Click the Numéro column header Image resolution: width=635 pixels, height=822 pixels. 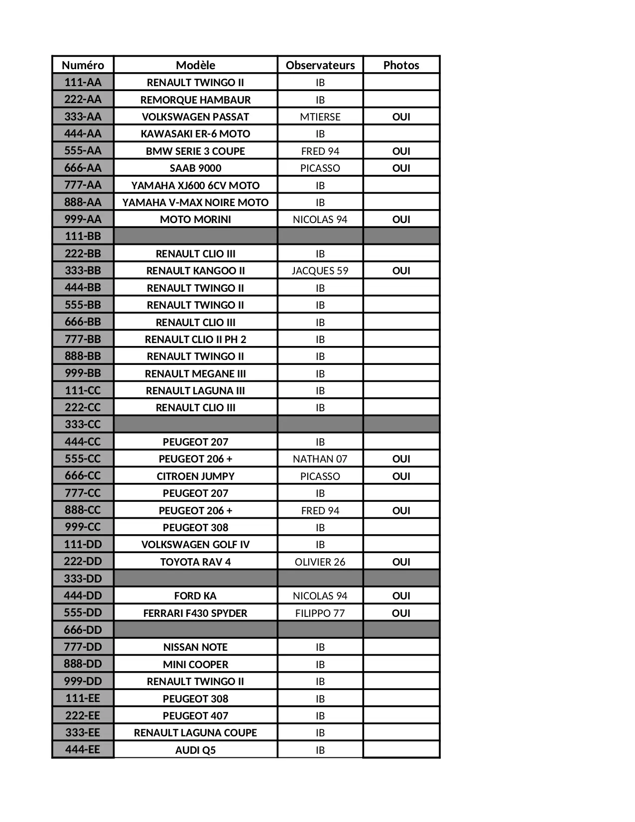pos(83,65)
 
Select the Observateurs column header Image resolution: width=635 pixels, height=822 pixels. pos(320,65)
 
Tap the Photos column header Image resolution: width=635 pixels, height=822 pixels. pos(401,65)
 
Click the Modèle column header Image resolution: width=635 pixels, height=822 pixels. pos(195,65)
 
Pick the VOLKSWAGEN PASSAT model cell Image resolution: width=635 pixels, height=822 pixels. pos(195,117)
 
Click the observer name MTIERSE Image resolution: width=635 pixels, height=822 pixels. pos(320,117)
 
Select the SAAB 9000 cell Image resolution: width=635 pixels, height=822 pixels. pos(195,168)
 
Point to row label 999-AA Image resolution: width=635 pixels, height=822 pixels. pos(83,219)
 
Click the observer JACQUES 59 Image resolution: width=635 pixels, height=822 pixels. pos(320,271)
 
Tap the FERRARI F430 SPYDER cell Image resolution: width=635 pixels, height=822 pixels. pos(195,613)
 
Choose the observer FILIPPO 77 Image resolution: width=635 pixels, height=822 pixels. pos(320,613)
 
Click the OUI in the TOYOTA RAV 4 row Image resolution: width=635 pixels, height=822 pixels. pos(401,562)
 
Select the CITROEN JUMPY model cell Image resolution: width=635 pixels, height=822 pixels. pos(195,476)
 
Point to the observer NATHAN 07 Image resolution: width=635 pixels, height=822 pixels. pos(320,459)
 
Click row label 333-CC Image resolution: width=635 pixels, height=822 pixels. pos(83,425)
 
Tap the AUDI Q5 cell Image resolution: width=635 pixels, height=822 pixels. pos(195,750)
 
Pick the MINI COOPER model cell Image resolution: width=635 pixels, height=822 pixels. pos(195,665)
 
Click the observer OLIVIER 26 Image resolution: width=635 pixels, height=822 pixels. pos(320,562)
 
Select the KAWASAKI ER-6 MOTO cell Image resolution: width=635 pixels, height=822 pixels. pos(195,134)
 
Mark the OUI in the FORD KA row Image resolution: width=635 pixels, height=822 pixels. pos(401,596)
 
